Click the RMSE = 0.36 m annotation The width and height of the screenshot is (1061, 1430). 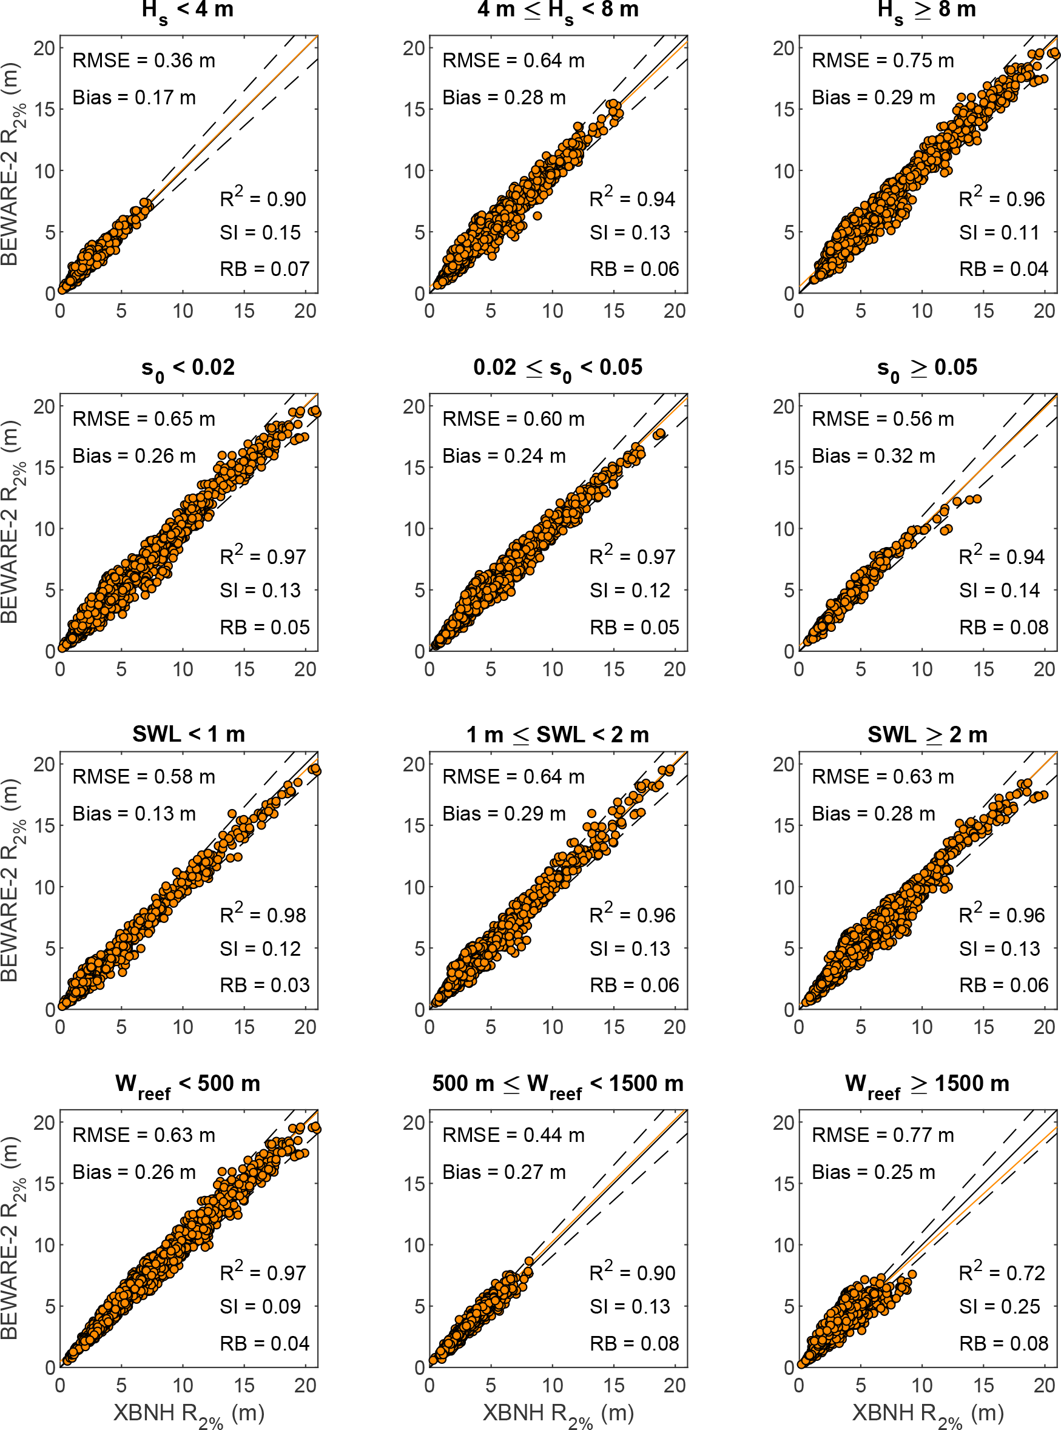(143, 61)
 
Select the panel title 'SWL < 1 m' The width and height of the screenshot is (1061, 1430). (188, 734)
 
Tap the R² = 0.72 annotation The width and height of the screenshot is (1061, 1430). (1002, 1272)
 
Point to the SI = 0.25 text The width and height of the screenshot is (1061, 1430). (999, 1306)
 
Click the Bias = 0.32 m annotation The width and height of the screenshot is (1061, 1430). (874, 456)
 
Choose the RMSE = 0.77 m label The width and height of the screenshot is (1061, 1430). (883, 1135)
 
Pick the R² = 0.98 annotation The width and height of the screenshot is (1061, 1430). (263, 915)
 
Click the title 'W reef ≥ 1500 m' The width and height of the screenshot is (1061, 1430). (927, 1084)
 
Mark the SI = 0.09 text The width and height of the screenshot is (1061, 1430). (260, 1306)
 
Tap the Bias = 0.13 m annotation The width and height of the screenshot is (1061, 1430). (133, 814)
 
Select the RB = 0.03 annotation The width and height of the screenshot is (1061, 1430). (264, 985)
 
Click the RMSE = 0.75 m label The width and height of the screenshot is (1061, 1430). (883, 61)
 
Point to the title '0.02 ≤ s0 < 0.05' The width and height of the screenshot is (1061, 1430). (557, 368)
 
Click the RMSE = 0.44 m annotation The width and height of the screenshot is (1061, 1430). (513, 1135)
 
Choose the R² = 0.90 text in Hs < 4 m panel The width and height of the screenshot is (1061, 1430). (263, 198)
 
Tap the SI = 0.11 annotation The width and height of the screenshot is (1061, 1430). (999, 232)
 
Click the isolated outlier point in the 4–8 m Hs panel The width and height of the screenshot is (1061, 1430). (537, 216)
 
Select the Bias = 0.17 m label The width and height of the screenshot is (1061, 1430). (133, 98)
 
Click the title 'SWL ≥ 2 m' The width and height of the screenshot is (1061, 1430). (927, 734)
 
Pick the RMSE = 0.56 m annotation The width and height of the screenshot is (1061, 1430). (883, 418)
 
